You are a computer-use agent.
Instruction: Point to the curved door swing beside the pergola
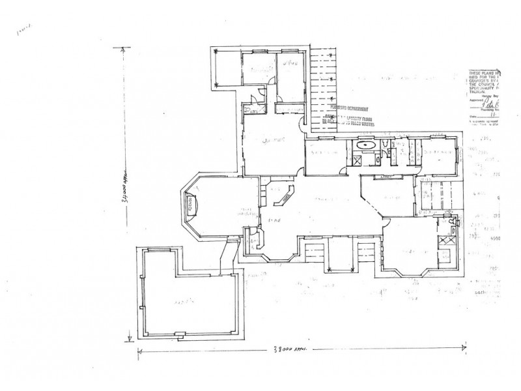(x=302, y=122)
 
